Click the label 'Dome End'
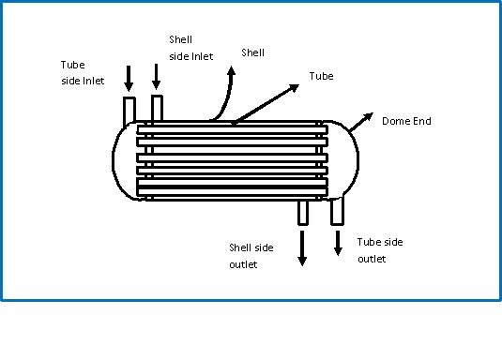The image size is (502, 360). click(406, 122)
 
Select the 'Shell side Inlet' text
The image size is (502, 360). click(190, 48)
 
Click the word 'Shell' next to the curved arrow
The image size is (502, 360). click(253, 53)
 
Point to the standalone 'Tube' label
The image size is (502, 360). click(321, 76)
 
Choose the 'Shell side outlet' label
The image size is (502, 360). click(251, 256)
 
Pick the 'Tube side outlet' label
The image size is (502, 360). click(379, 250)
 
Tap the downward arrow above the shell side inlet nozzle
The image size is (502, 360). click(156, 77)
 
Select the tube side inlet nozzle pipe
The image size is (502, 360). click(129, 109)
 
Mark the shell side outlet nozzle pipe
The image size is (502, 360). click(302, 211)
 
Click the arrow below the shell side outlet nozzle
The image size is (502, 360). click(302, 248)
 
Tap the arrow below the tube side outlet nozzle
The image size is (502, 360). click(339, 242)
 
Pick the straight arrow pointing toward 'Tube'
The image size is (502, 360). click(272, 97)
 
